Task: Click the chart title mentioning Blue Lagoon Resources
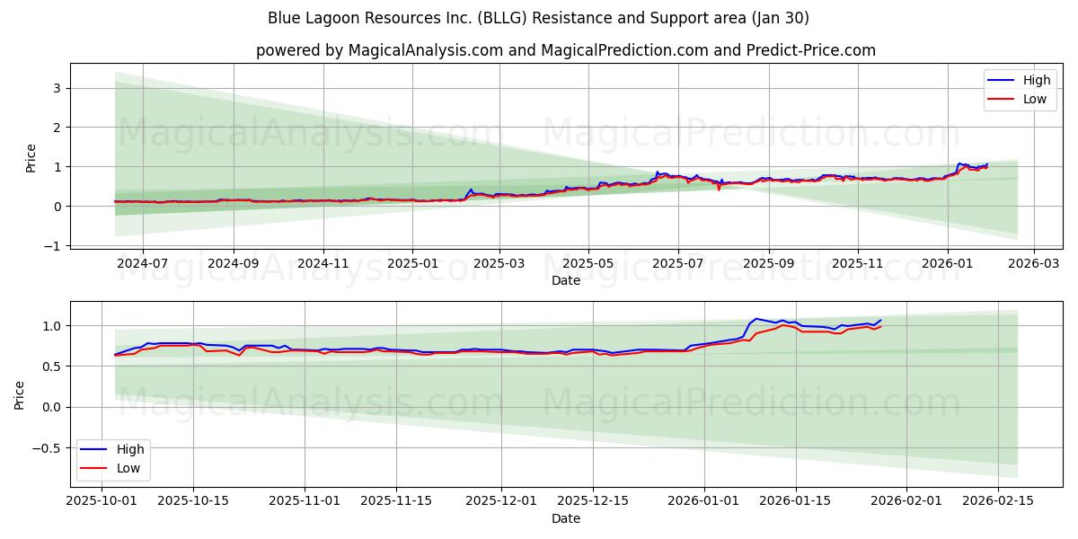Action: pos(538,18)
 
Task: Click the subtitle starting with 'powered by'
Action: pos(565,50)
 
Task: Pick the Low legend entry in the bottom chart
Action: pos(127,467)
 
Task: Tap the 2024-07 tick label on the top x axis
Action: pos(144,264)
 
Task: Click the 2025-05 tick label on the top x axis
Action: pos(588,264)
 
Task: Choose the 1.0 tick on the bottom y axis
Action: pos(53,325)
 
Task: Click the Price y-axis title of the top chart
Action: pos(31,156)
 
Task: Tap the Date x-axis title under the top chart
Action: pos(565,280)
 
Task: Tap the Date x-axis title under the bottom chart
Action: pos(565,518)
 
